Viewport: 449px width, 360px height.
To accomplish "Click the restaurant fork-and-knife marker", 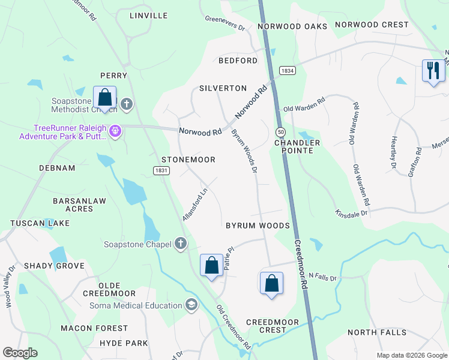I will (432, 70).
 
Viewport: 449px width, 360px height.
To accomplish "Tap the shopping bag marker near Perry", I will (105, 97).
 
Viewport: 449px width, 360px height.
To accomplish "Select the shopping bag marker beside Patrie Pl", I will (211, 265).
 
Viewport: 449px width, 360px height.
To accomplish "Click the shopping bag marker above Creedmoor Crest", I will (271, 282).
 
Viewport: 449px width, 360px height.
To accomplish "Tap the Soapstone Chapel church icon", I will (180, 244).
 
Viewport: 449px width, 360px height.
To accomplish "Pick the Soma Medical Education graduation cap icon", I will (191, 305).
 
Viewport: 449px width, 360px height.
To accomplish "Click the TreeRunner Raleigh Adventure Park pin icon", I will (116, 130).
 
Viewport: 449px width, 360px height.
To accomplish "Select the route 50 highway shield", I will (280, 131).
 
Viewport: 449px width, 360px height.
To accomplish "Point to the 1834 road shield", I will (287, 70).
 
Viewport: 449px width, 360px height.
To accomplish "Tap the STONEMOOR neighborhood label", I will (188, 160).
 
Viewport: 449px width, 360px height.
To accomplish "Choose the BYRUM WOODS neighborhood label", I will (258, 226).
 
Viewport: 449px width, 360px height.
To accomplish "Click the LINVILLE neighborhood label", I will (148, 16).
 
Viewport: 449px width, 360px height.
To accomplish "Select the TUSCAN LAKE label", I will (40, 223).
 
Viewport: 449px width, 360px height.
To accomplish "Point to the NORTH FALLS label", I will (376, 332).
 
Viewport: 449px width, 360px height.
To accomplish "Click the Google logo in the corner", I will (20, 353).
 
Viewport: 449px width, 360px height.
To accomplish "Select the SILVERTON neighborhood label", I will (223, 88).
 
